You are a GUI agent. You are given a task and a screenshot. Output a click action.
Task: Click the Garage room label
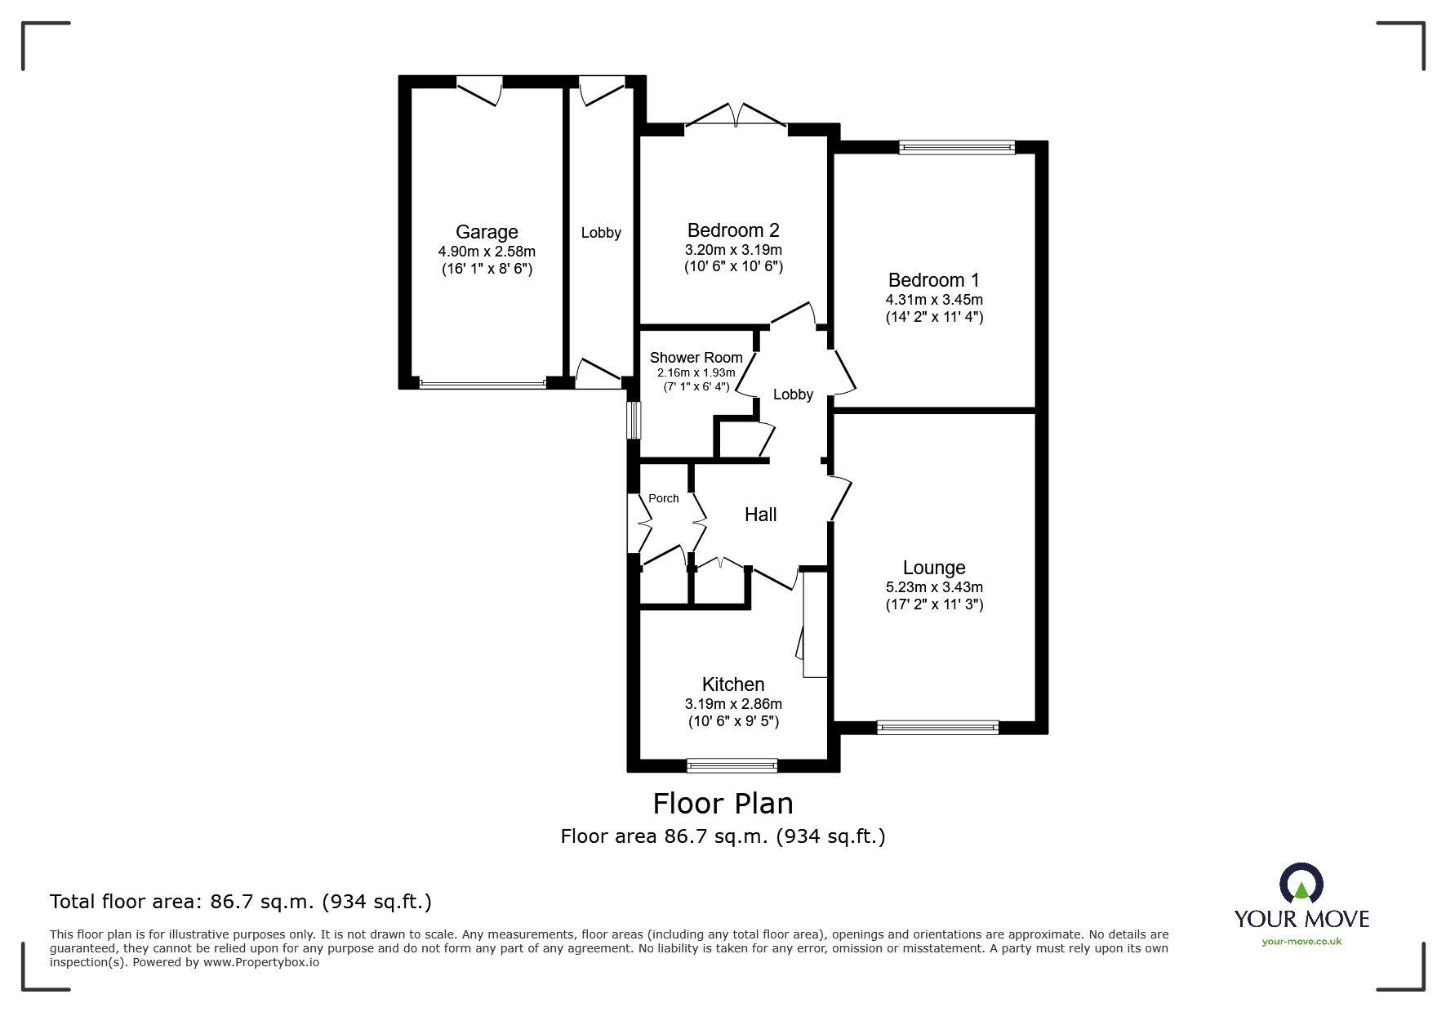click(x=487, y=233)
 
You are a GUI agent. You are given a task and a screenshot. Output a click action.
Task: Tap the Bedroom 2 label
click(x=733, y=230)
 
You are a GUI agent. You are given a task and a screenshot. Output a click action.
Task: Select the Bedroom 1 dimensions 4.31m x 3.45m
click(x=934, y=299)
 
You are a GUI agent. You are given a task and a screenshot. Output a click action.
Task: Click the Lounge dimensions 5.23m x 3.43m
click(x=934, y=586)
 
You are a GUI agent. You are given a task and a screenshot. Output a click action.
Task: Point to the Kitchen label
click(x=733, y=684)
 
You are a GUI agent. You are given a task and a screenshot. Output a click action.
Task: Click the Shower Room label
click(x=696, y=358)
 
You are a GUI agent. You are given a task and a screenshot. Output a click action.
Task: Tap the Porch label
click(x=663, y=498)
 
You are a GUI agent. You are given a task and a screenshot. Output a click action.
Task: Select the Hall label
click(x=760, y=515)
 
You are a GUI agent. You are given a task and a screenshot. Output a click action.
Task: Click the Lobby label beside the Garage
click(x=601, y=233)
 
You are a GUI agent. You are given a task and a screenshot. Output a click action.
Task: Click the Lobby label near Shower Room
click(x=793, y=395)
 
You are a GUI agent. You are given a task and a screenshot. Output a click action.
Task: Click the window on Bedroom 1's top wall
click(x=956, y=147)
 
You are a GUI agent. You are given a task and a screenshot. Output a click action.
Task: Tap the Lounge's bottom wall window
click(x=937, y=727)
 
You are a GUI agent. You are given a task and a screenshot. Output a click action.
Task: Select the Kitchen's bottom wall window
click(x=732, y=765)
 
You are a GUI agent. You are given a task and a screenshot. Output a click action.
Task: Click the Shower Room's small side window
click(x=633, y=419)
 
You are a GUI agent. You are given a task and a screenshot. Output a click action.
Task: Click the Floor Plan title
click(x=723, y=804)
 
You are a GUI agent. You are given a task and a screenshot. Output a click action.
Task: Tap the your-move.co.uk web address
click(x=1301, y=942)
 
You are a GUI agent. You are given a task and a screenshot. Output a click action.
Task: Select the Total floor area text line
click(x=241, y=902)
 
